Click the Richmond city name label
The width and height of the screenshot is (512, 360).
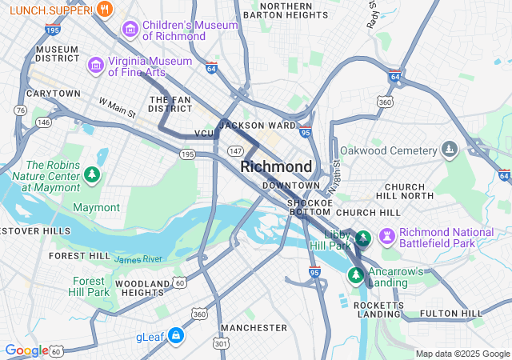pos(276,166)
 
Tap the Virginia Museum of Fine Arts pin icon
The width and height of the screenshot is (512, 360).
pos(96,63)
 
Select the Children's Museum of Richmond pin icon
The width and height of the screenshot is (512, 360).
pos(130,30)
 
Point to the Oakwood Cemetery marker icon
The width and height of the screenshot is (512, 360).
pos(450,150)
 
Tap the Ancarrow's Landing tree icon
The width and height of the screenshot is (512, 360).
pos(355,274)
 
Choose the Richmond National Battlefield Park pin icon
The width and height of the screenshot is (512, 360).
pos(388,236)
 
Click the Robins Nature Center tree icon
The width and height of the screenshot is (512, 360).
pos(94,174)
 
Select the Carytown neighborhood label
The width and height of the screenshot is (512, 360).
pos(54,94)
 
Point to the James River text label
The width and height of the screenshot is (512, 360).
pos(138,259)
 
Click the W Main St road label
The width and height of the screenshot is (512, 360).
pos(118,108)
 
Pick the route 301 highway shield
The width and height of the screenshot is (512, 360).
pos(221,343)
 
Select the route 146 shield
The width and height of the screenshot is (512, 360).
pos(43,122)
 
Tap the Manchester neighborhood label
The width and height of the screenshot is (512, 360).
pos(254,328)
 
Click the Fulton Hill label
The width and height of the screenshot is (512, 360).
pos(451,314)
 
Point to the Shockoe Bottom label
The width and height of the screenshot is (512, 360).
pos(309,207)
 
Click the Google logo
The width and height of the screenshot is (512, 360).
pos(26,350)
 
